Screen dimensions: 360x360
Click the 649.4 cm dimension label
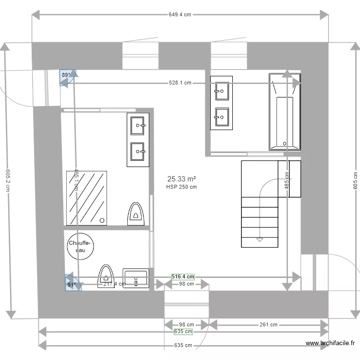pyautogui.click(x=180, y=14)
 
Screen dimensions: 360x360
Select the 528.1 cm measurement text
pyautogui.click(x=180, y=83)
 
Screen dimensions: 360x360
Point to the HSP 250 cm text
pyautogui.click(x=181, y=187)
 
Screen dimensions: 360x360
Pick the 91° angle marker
pyautogui.click(x=72, y=283)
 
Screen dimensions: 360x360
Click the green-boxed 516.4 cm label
pyautogui.click(x=183, y=276)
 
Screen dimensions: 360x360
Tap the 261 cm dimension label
pyautogui.click(x=268, y=324)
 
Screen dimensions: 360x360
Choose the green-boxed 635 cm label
pyautogui.click(x=183, y=331)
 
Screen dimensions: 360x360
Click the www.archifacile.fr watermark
pyautogui.click(x=331, y=343)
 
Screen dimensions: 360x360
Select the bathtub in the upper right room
pyautogui.click(x=285, y=112)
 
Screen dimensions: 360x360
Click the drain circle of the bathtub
pyautogui.click(x=285, y=143)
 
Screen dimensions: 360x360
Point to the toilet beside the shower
pyautogui.click(x=136, y=213)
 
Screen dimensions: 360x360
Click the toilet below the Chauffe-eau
pyautogui.click(x=106, y=276)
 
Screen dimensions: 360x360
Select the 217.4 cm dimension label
pyautogui.click(x=114, y=284)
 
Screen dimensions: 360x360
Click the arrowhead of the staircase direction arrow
pyautogui.click(x=260, y=239)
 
